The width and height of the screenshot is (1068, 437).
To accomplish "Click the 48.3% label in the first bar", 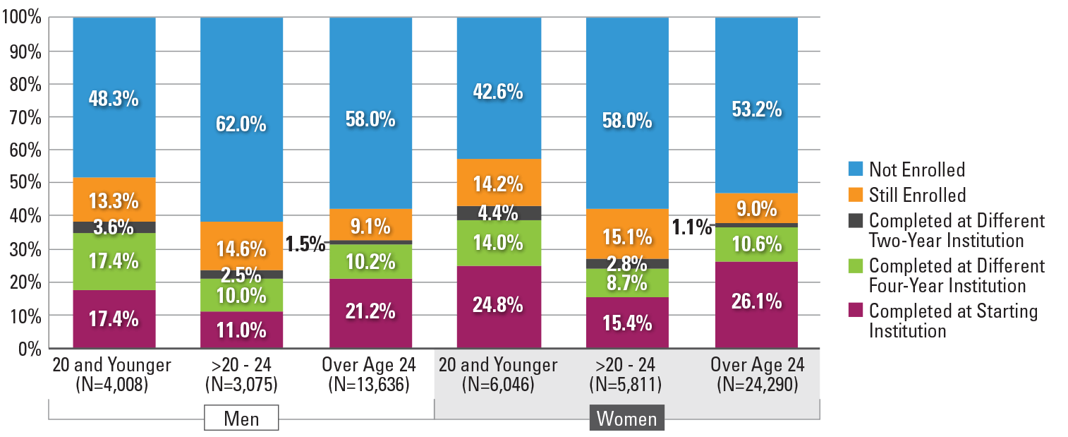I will [114, 98].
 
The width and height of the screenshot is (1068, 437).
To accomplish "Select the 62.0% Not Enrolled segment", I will [241, 125].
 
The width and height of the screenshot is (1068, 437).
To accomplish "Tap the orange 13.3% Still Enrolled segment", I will [114, 201].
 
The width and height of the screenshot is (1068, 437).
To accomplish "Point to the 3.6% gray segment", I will [114, 227].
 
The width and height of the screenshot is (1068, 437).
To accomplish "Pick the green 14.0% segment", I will [498, 243].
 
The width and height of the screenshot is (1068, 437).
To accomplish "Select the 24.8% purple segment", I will [498, 306].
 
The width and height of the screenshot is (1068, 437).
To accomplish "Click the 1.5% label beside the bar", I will [305, 244].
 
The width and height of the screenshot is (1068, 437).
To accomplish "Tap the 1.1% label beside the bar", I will [691, 227].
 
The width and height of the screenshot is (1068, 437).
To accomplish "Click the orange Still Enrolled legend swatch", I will [854, 195].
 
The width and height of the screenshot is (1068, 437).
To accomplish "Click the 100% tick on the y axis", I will [25, 18].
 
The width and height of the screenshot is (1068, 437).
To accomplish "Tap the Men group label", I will [241, 419].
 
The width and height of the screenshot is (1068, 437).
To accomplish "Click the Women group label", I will [627, 419].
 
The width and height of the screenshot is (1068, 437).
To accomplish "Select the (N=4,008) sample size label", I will [114, 385].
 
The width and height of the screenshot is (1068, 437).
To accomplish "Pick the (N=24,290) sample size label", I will [756, 385].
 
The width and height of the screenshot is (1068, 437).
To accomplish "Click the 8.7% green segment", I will [626, 285].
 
